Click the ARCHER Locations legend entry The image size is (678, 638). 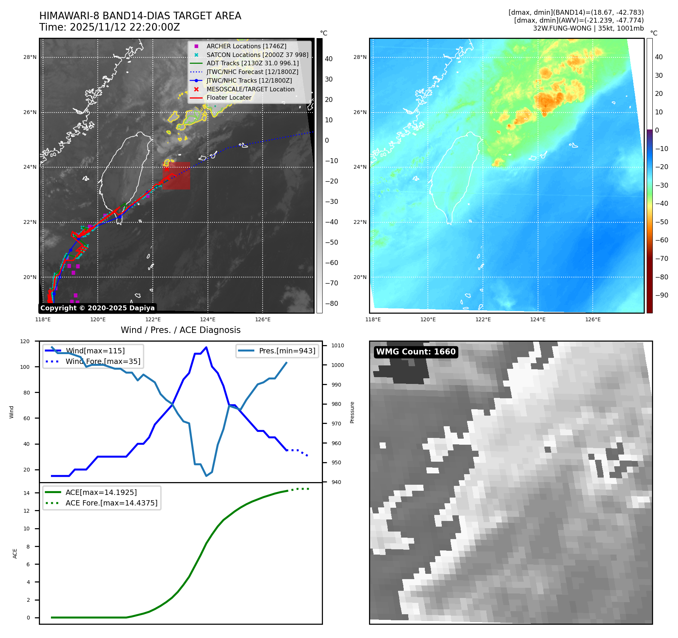246,46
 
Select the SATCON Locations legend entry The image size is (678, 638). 257,55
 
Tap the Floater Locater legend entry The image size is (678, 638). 229,97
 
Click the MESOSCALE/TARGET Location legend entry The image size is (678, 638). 250,89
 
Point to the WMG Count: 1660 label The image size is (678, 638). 416,352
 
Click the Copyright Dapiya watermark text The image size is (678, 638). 97,308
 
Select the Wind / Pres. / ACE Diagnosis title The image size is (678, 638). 180,330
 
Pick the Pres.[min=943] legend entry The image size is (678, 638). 287,351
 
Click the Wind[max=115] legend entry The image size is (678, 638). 95,351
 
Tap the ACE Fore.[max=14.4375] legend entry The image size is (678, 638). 111,503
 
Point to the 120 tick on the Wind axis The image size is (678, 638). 25,341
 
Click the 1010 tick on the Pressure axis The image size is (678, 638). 338,345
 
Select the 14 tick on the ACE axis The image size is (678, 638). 27,493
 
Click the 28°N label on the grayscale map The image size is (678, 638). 30,57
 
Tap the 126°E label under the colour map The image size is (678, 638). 593,319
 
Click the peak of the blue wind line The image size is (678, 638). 206,347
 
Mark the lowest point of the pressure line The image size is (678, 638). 206,476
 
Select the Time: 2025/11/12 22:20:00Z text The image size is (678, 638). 109,27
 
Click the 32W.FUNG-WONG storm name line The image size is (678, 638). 588,28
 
